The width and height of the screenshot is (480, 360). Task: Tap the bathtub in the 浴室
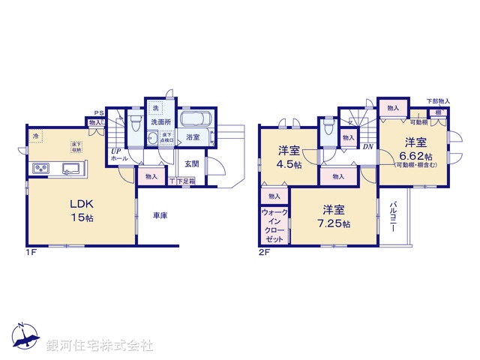click(x=196, y=120)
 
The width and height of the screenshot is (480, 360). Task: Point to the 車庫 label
click(x=159, y=215)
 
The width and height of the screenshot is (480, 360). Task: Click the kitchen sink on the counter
click(x=73, y=168)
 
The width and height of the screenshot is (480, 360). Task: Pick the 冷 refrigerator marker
click(x=35, y=136)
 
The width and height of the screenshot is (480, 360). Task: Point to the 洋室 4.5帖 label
click(x=289, y=156)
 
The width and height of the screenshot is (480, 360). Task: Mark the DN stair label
click(x=368, y=147)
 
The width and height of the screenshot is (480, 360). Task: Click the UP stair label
click(x=116, y=151)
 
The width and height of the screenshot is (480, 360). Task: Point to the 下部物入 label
click(x=439, y=101)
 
